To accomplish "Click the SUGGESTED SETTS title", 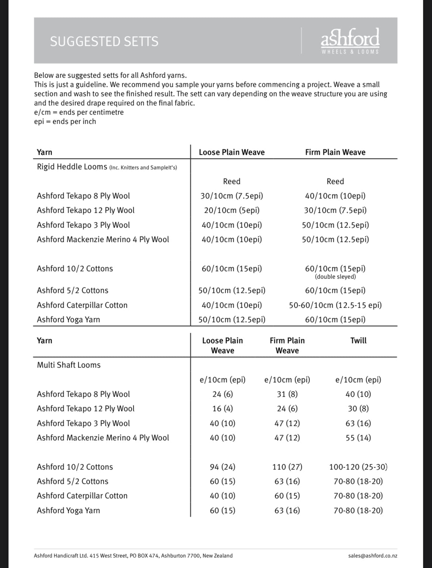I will click(104, 41).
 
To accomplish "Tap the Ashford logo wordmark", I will click(350, 38).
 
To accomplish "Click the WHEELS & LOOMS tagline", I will click(350, 52).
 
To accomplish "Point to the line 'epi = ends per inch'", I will click(65, 122).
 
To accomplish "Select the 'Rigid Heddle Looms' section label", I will click(72, 167).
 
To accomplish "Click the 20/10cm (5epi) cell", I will click(232, 211).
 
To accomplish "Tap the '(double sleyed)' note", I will click(335, 277).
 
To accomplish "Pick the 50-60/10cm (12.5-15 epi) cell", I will click(335, 305).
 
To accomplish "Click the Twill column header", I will click(358, 341).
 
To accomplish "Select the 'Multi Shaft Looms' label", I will click(69, 365).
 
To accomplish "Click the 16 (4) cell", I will click(223, 408).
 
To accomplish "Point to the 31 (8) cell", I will click(287, 394).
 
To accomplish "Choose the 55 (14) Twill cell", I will click(358, 438).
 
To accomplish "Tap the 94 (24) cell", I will click(223, 467).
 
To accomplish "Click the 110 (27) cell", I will click(287, 467).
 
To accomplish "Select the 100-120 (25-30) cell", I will click(358, 467).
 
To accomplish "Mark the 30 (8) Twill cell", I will click(358, 408).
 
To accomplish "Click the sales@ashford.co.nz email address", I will click(373, 556).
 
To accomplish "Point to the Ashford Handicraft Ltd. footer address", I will click(133, 556).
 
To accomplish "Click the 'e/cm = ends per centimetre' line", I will click(79, 112).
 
